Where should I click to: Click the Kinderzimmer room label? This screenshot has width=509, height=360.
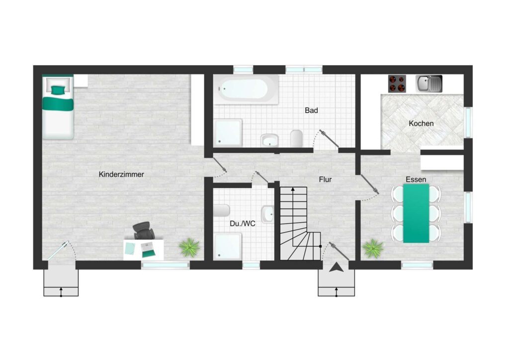[121, 175]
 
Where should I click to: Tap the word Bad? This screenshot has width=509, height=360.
[311, 111]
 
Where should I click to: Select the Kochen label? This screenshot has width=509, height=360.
[421, 124]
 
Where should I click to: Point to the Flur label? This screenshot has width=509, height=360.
[325, 180]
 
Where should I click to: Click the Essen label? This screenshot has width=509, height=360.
[416, 180]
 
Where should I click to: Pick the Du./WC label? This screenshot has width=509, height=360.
[243, 224]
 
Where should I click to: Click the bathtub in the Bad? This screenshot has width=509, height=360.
[246, 90]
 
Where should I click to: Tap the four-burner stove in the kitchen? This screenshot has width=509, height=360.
[397, 84]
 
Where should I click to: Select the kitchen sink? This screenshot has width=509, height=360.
[429, 84]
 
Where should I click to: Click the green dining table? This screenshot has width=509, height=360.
[416, 213]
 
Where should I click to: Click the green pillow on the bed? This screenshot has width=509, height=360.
[58, 90]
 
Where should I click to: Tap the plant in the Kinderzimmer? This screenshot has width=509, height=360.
[189, 247]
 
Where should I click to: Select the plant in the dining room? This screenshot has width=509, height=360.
[373, 249]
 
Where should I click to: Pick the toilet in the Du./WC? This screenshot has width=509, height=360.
[222, 210]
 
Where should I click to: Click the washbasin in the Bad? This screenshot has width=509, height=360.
[269, 140]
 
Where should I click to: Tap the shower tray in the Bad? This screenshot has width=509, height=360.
[228, 132]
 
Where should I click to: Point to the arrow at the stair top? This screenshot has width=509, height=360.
[293, 189]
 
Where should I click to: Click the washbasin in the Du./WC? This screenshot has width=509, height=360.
[267, 214]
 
